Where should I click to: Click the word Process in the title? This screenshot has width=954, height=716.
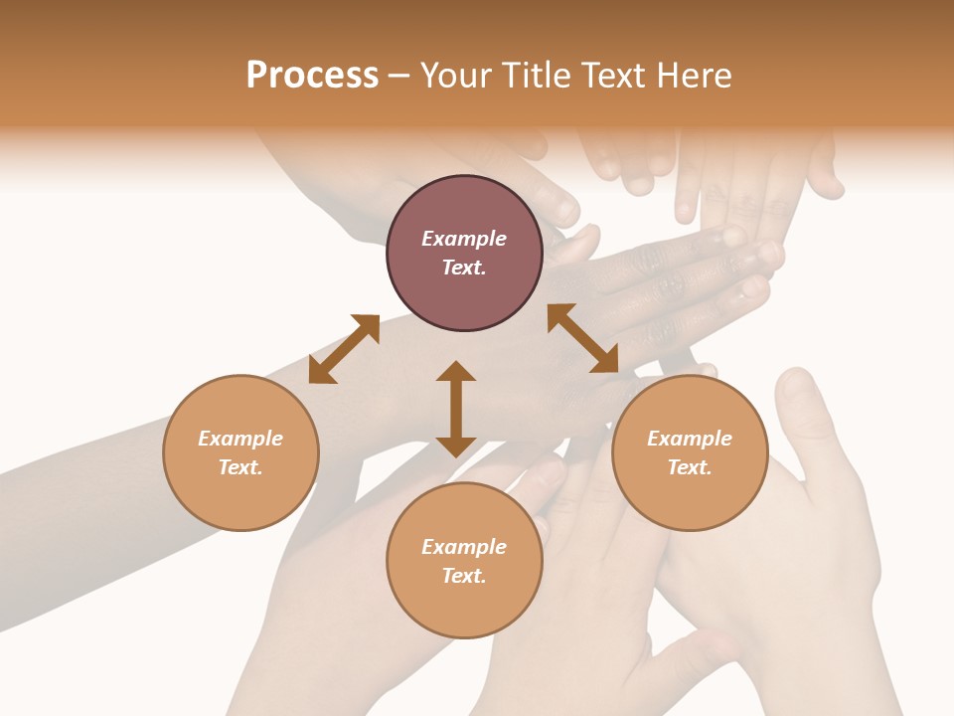point(312,76)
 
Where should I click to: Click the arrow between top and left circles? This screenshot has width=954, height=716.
point(344,349)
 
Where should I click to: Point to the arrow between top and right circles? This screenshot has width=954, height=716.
point(583,338)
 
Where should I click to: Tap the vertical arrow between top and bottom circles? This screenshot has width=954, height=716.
point(456,409)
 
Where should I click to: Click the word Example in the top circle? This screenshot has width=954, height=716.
point(464,239)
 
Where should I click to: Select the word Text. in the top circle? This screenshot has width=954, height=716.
point(464,268)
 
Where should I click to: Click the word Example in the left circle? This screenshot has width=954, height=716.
point(240,439)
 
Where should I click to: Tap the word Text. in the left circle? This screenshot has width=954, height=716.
point(240,467)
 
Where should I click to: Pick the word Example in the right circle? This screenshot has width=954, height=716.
point(690,439)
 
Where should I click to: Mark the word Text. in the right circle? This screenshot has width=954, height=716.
point(690,467)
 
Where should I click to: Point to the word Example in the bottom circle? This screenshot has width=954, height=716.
point(464,547)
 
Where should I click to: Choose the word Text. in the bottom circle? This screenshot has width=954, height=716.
point(464,576)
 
